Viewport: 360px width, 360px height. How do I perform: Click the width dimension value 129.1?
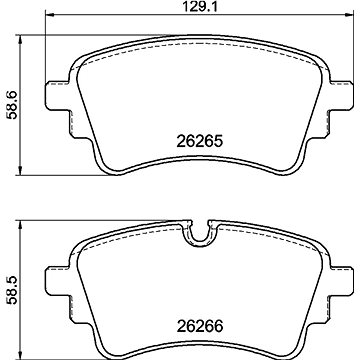pyautogui.click(x=180, y=11)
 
